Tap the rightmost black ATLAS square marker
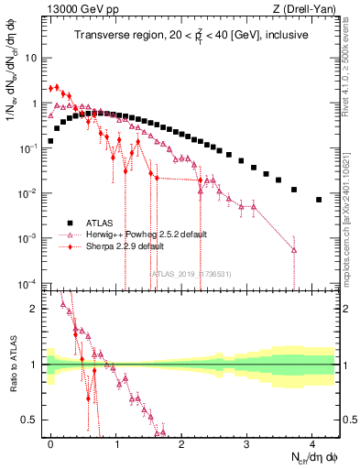point(319,200)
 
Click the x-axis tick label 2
point(182,442)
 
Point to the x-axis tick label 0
point(51,442)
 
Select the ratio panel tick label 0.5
point(29,420)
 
